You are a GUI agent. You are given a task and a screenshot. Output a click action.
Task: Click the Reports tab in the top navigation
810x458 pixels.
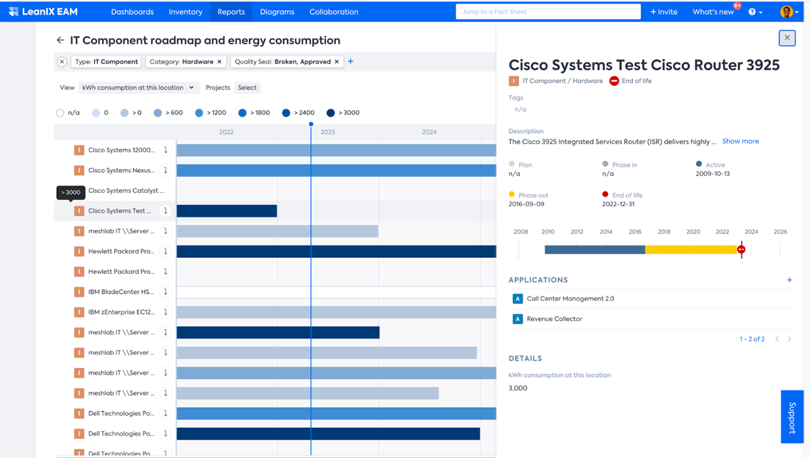[231, 12]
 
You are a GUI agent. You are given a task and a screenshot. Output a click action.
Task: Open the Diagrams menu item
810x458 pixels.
[277, 12]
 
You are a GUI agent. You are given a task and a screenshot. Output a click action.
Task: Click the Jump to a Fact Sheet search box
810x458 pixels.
[547, 12]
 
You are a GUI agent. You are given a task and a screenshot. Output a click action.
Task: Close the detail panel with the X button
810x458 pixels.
[787, 38]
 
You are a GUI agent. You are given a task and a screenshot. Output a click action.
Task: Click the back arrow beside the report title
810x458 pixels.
[60, 40]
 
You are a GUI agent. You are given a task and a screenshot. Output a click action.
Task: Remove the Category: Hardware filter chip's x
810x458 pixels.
[219, 62]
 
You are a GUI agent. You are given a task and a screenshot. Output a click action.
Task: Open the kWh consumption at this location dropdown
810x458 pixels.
[137, 87]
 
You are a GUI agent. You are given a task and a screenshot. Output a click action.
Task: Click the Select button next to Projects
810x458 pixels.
[247, 87]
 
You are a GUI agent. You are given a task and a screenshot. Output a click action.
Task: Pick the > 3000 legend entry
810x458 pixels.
[344, 113]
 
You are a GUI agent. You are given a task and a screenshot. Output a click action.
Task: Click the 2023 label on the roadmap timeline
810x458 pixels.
[327, 132]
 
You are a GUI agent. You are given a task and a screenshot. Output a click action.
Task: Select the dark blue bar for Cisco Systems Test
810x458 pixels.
[227, 211]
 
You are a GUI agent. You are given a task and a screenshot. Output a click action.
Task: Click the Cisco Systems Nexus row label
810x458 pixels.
[121, 170]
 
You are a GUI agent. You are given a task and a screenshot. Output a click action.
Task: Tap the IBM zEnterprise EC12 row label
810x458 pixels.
[121, 312]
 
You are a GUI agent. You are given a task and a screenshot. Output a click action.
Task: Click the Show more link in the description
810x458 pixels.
[740, 142]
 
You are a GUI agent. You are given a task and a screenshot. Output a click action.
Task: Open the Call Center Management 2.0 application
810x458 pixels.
[570, 299]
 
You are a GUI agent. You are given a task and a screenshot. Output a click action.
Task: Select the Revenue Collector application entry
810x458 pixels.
[554, 319]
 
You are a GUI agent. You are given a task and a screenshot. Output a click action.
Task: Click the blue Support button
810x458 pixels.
[792, 418]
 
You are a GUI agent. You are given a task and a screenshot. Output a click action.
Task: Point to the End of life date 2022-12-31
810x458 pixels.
[618, 204]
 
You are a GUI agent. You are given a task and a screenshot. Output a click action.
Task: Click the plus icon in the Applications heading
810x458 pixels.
[789, 280]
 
